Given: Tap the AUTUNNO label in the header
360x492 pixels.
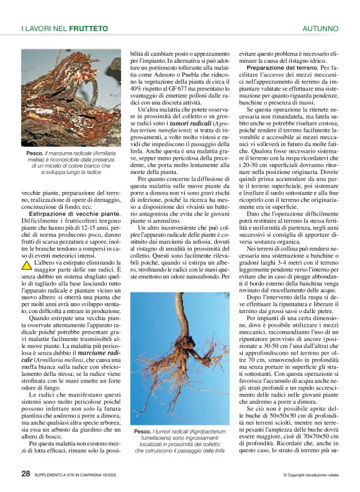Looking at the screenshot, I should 320,29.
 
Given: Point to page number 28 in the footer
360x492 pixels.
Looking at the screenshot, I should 25,473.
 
